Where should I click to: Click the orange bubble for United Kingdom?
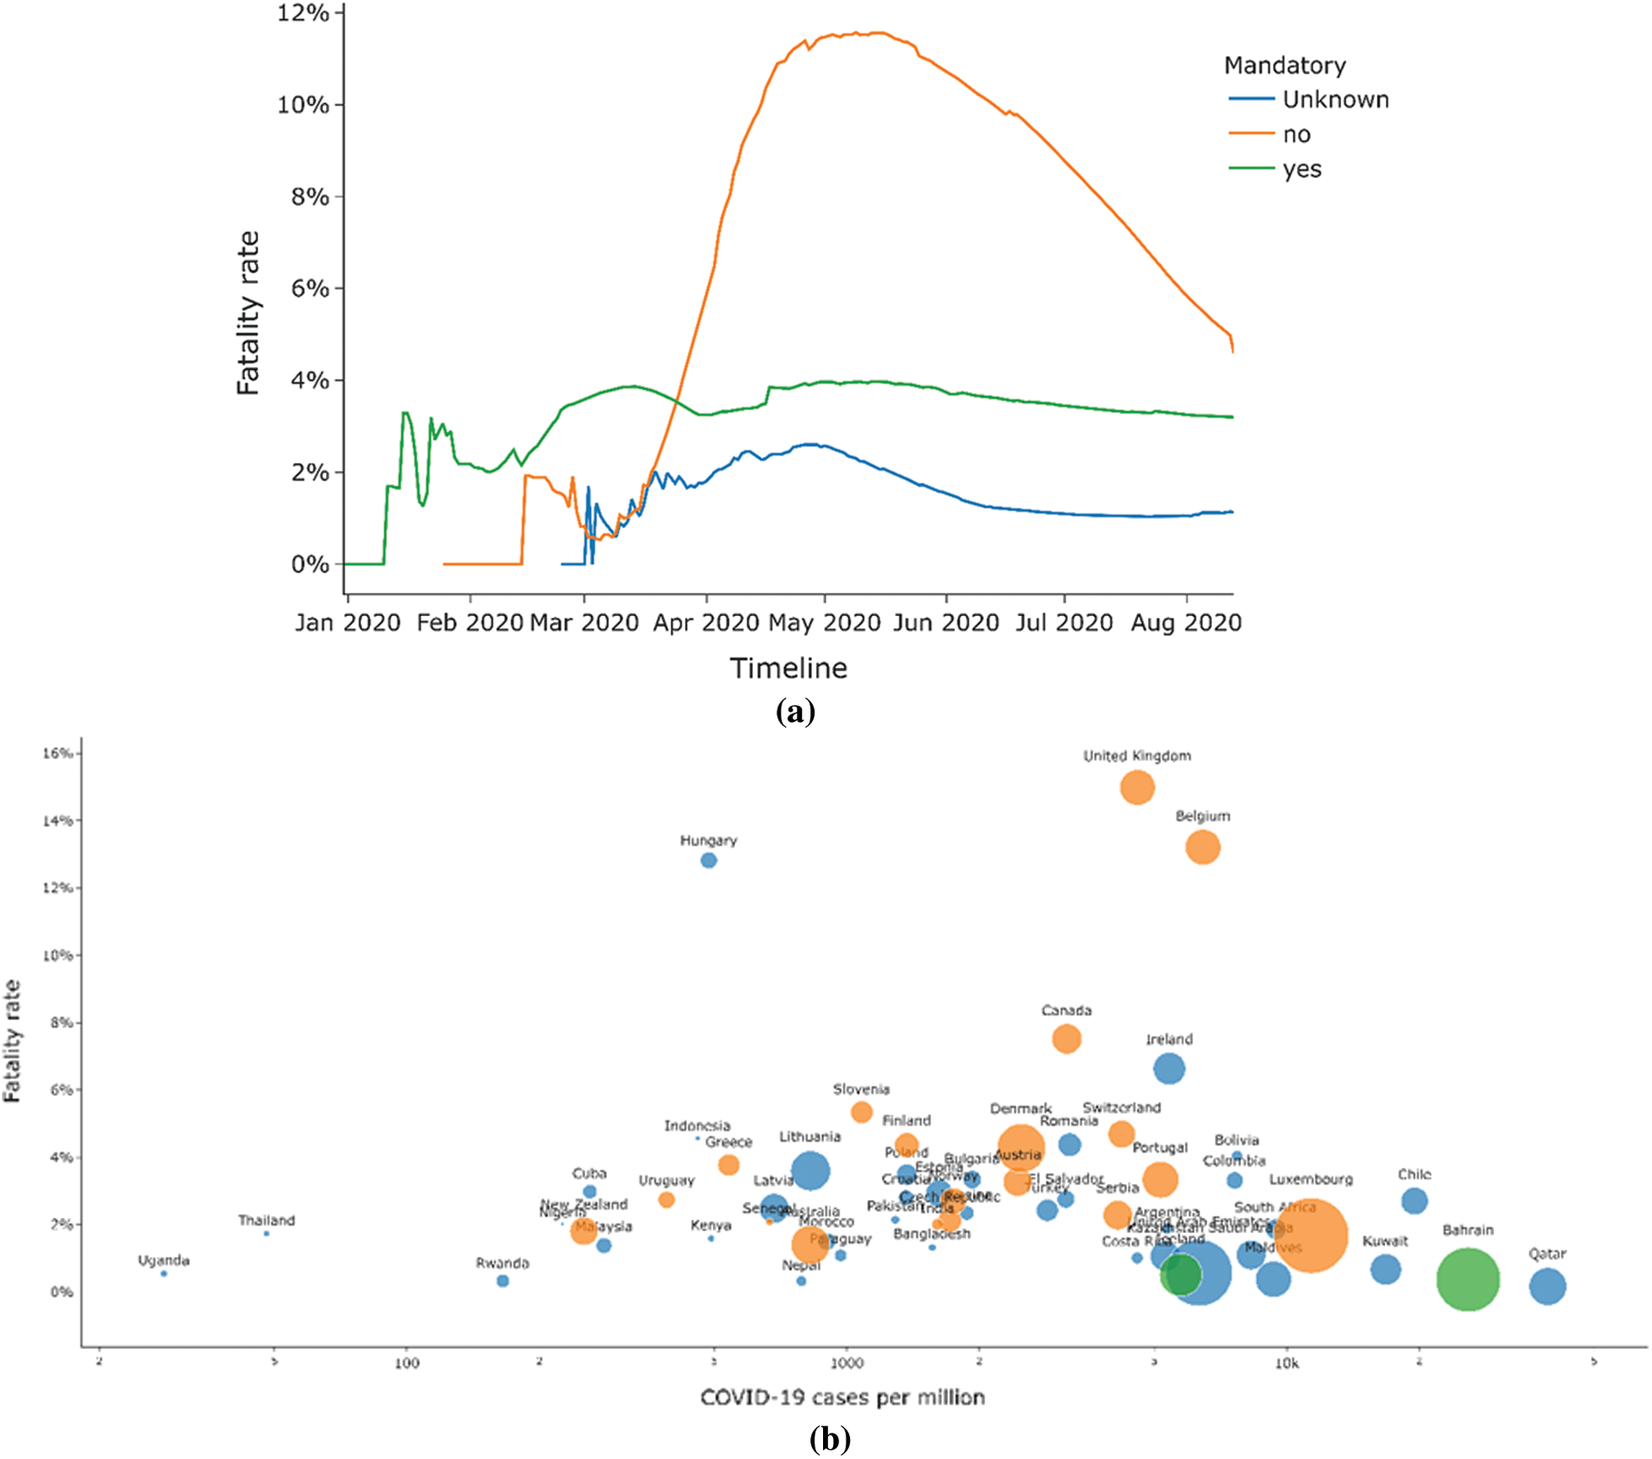[x=1136, y=788]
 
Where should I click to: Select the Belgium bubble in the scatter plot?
[x=1202, y=847]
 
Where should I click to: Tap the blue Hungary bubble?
[x=709, y=861]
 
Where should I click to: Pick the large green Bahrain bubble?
[x=1467, y=1280]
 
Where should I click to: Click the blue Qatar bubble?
[x=1547, y=1286]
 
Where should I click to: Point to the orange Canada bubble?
[x=1066, y=1038]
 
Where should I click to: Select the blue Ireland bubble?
[x=1169, y=1069]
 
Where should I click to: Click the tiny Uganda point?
[x=164, y=1274]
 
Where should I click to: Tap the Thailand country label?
[x=267, y=1220]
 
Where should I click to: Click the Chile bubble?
[x=1414, y=1200]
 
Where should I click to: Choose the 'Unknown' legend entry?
[x=1335, y=100]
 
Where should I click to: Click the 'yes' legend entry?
[x=1301, y=169]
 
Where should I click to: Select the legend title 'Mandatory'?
[x=1285, y=65]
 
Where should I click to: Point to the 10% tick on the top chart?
[x=303, y=105]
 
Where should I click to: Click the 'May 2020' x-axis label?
[x=824, y=623]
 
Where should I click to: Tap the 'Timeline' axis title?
[x=788, y=669]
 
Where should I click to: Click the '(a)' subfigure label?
[x=795, y=711]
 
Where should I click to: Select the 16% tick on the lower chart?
[x=59, y=753]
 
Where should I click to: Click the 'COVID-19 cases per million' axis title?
[x=843, y=1397]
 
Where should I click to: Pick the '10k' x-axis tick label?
[x=1286, y=1363]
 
